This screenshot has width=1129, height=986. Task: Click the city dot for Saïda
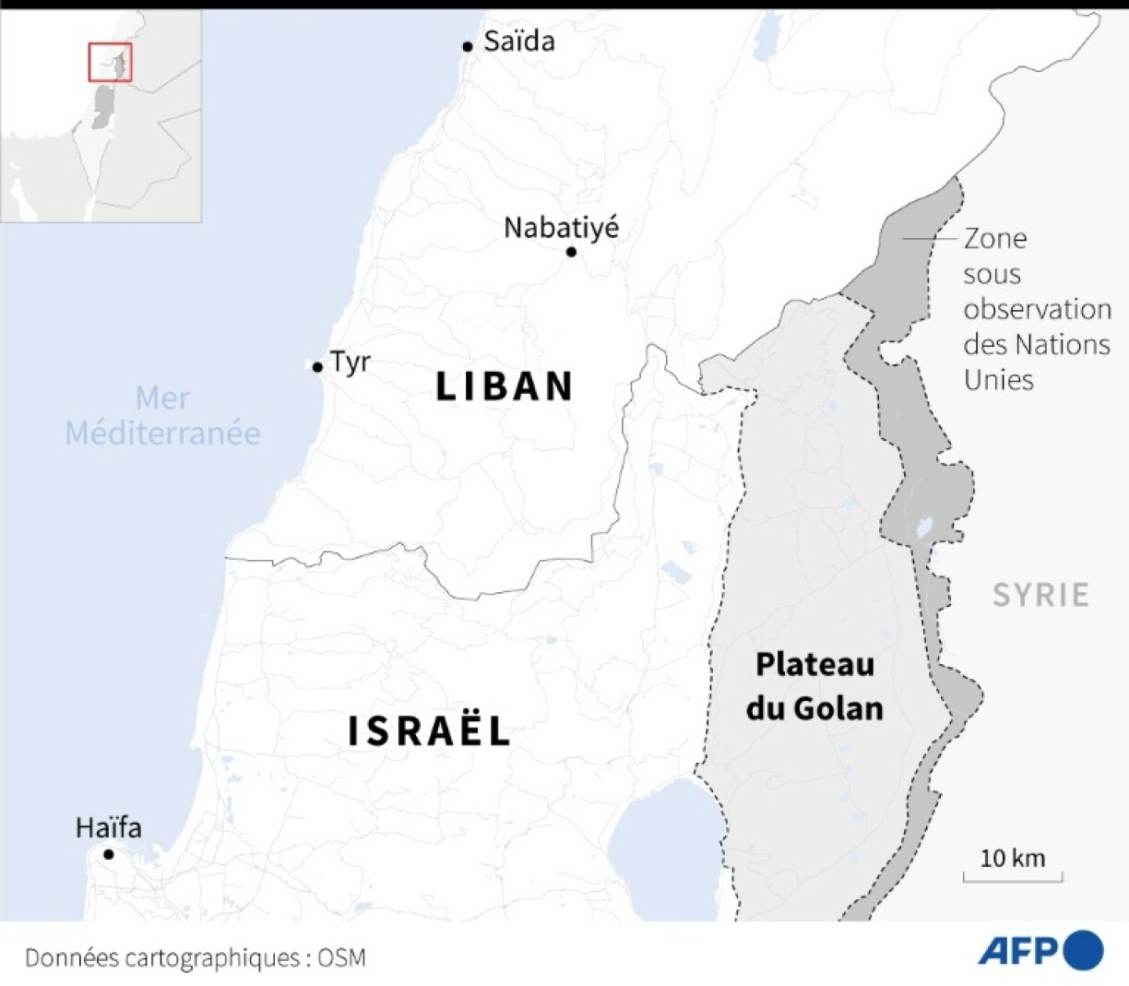tap(468, 46)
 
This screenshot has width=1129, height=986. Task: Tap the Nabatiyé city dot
tap(571, 252)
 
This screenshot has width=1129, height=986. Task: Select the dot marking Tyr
tap(317, 367)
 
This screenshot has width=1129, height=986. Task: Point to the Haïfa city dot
tap(108, 854)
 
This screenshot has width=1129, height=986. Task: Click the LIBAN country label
tap(505, 386)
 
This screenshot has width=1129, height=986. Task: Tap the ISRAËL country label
tap(430, 731)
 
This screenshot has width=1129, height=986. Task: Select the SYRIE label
tap(1040, 595)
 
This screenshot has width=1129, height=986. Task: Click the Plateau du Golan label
tap(814, 686)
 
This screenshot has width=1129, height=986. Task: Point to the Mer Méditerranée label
tap(162, 416)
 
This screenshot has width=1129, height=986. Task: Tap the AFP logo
tap(1040, 952)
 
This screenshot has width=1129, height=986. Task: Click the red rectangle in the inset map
tap(110, 62)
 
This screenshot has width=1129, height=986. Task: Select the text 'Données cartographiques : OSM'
tap(196, 958)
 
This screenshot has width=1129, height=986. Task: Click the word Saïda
tap(519, 41)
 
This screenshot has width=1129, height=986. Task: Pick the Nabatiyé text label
tap(561, 227)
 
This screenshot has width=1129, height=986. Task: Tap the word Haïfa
tap(109, 827)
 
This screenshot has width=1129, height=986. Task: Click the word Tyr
tap(351, 362)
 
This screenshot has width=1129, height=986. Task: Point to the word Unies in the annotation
tap(998, 379)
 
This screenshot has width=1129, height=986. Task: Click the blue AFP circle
tap(1083, 951)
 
